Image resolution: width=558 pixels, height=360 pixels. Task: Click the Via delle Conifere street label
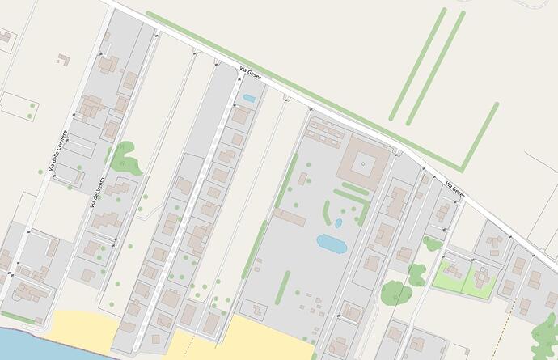pos(55,150)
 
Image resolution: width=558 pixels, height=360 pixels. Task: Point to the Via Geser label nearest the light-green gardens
pos(454,191)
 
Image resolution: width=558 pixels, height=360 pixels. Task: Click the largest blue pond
pos(331,242)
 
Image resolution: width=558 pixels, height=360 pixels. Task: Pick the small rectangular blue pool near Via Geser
pos(249,99)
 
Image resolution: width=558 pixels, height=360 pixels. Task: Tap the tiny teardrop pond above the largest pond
pos(338,222)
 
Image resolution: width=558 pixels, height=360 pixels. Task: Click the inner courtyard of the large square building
pos(363,164)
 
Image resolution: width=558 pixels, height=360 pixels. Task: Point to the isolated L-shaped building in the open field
pos(63,59)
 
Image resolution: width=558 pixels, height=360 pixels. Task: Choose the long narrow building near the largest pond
pos(289,217)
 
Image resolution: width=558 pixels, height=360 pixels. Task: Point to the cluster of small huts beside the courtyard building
pos(324,130)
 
